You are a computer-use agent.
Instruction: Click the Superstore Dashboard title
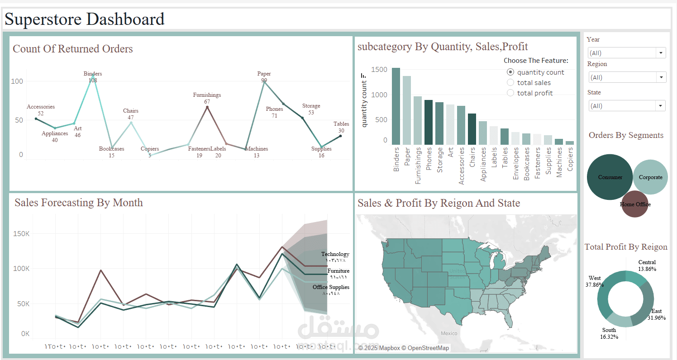85,19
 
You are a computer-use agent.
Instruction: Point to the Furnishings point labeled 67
207,107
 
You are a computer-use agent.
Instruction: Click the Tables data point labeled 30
340,136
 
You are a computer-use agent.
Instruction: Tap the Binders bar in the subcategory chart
396,106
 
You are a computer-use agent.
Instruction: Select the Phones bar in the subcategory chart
428,122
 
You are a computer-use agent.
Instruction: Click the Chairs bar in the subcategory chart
472,129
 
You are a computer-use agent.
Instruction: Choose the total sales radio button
510,83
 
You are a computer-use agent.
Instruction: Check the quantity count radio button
510,72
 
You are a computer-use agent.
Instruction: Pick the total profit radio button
510,93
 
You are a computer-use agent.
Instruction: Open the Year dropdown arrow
661,53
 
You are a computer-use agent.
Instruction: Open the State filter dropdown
627,106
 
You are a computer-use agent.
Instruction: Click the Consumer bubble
610,177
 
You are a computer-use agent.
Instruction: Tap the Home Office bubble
635,204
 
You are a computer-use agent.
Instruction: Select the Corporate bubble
650,177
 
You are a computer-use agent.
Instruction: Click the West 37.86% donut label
595,281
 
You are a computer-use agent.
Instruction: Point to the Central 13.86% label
647,265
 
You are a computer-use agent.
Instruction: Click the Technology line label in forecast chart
335,254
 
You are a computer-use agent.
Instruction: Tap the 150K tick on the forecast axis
22,234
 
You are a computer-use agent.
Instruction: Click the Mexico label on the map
449,333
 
